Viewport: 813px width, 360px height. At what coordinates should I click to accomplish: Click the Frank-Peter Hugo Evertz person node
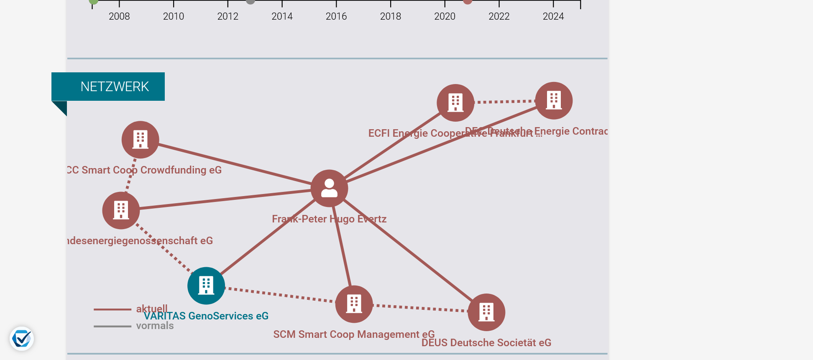pos(329,188)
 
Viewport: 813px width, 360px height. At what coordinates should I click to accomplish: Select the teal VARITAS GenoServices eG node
pos(206,286)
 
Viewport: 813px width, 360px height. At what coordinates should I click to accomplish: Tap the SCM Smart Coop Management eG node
pos(354,304)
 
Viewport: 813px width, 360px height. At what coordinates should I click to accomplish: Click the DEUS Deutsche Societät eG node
pos(486,312)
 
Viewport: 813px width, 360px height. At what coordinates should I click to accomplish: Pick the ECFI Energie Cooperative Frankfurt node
pos(455,103)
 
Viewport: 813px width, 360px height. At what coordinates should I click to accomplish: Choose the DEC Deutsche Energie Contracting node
pos(554,101)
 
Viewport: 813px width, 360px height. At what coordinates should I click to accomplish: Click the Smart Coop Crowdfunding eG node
pos(140,140)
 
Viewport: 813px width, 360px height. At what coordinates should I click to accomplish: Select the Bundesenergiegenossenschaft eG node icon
pos(121,210)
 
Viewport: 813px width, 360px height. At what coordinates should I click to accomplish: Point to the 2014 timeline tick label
pos(282,16)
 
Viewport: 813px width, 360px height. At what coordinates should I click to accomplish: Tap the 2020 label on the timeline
pos(445,16)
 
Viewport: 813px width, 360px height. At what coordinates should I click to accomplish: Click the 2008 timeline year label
pos(119,16)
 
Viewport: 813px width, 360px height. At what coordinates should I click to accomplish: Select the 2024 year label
pos(553,16)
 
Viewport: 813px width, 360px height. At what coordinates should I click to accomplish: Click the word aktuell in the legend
pos(152,309)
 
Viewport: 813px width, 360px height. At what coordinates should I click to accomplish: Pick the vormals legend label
pos(155,326)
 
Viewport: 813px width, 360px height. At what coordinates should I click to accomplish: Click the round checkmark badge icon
pos(22,339)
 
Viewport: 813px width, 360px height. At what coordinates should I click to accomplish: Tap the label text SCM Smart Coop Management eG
pos(354,334)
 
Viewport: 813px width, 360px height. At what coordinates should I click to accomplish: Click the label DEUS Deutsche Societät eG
pos(486,343)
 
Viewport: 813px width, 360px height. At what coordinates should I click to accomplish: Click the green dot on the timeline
pos(94,1)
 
